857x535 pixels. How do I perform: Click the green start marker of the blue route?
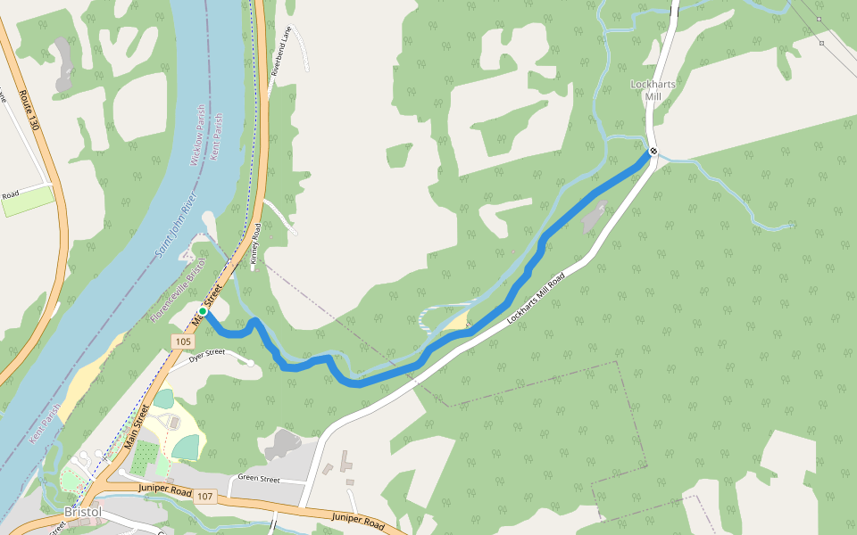(203, 311)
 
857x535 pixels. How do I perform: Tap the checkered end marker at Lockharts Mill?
(653, 151)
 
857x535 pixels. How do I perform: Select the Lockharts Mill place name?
(645, 90)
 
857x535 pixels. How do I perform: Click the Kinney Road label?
(254, 242)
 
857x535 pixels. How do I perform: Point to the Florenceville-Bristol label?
(179, 290)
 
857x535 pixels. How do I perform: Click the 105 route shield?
(183, 342)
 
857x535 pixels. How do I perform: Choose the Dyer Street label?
(207, 356)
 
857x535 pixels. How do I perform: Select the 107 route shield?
(206, 496)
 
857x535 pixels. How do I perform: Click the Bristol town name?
(82, 513)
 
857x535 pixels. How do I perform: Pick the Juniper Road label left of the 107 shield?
(165, 490)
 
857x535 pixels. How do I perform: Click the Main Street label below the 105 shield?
(137, 426)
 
